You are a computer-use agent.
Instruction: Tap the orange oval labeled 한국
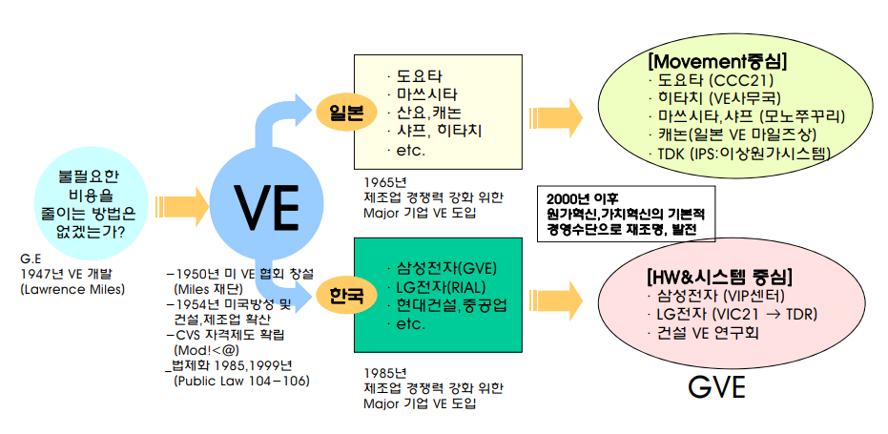(x=346, y=294)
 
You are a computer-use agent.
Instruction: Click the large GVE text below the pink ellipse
(x=717, y=389)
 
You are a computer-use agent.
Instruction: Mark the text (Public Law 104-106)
(x=242, y=382)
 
